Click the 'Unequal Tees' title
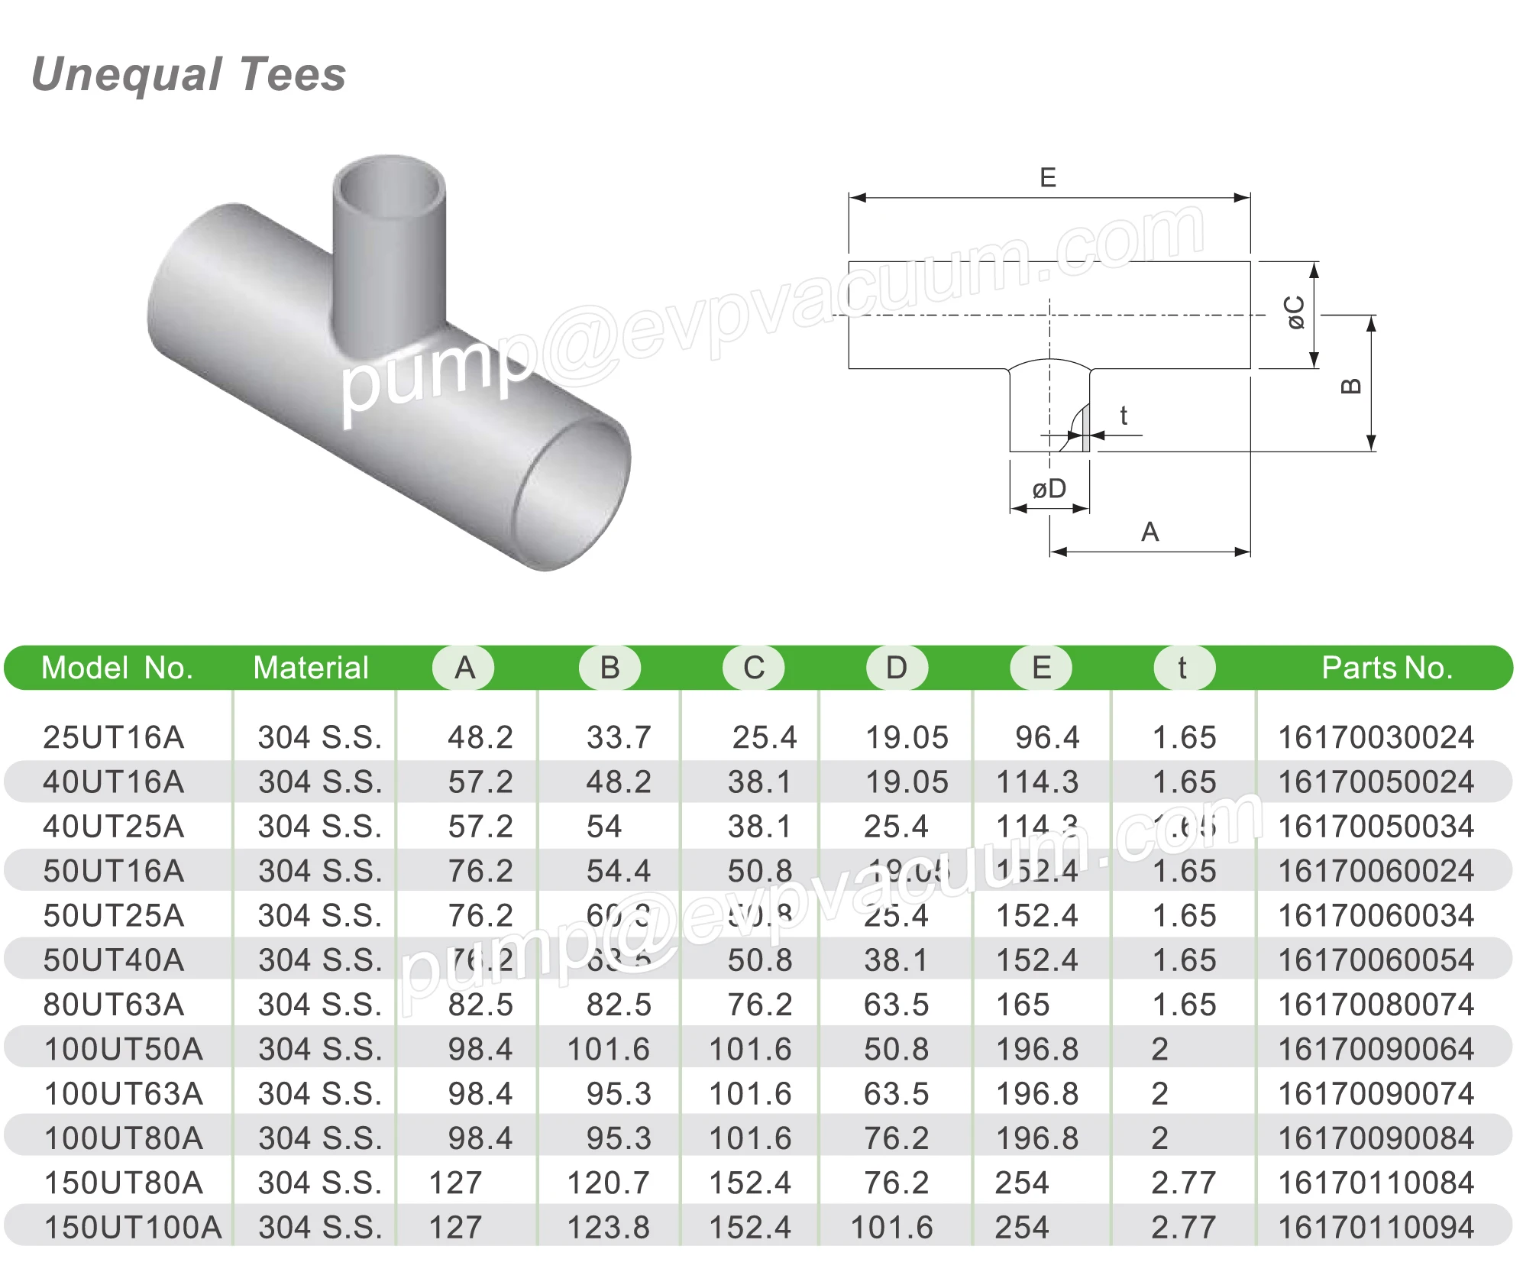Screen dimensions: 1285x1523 click(x=189, y=75)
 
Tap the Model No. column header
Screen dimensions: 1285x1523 click(x=117, y=668)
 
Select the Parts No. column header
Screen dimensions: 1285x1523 click(x=1386, y=668)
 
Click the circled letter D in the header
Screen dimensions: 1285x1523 click(x=896, y=668)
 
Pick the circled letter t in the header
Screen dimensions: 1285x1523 click(x=1182, y=668)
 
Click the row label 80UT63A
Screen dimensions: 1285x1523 click(x=114, y=1005)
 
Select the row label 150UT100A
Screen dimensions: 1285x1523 click(x=133, y=1228)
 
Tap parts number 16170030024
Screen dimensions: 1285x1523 click(x=1376, y=738)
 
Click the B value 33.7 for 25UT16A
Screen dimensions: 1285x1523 click(x=619, y=738)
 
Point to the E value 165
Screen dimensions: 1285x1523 click(x=1023, y=1005)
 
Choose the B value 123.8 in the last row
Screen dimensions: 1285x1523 click(x=608, y=1228)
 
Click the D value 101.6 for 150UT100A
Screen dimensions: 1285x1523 click(x=891, y=1228)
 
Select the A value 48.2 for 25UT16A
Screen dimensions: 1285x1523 click(x=480, y=738)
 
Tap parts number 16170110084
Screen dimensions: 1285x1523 click(x=1376, y=1183)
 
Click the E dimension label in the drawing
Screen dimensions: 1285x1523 click(x=1048, y=178)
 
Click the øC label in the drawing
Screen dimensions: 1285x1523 click(x=1295, y=312)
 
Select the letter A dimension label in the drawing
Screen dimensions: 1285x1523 click(x=1150, y=532)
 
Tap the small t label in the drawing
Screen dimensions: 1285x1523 click(x=1124, y=416)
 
